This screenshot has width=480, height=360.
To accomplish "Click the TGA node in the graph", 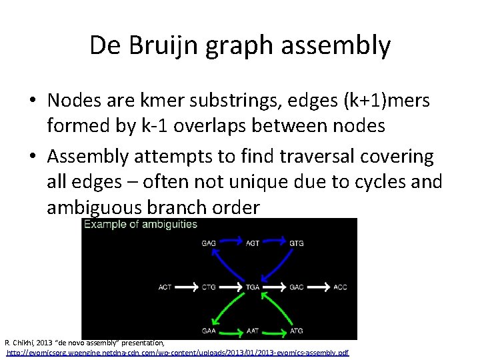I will (x=253, y=287).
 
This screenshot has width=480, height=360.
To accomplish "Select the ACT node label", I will (x=165, y=287).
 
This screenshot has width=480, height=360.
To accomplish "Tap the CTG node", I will (x=209, y=287).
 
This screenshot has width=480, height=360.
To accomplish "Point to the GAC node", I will (x=297, y=287).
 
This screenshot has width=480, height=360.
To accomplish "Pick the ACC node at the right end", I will (x=340, y=287).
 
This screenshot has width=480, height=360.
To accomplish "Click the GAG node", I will (x=209, y=243).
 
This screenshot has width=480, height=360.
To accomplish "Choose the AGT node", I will (x=253, y=243).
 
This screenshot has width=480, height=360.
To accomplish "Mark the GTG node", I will (x=297, y=243).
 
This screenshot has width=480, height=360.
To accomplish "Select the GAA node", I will (x=209, y=331).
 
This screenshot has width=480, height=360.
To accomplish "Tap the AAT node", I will (x=253, y=331).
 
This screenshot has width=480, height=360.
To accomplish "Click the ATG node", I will (x=297, y=331).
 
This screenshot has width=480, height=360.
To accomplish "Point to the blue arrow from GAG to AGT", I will (x=231, y=243).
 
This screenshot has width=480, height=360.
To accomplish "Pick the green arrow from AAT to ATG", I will (x=274, y=331).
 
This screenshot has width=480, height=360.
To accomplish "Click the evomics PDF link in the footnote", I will (x=177, y=352).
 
